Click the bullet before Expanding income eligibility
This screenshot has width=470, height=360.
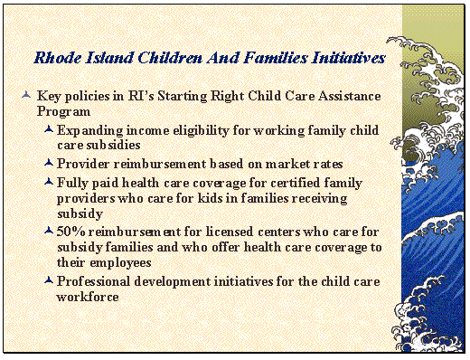pyautogui.click(x=48, y=130)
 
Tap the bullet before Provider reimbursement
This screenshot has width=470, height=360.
pyautogui.click(x=48, y=164)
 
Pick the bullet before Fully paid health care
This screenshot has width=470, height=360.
pyautogui.click(x=48, y=181)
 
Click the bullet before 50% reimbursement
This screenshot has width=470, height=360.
pyautogui.click(x=48, y=232)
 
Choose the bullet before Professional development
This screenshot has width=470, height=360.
pyautogui.click(x=48, y=281)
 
